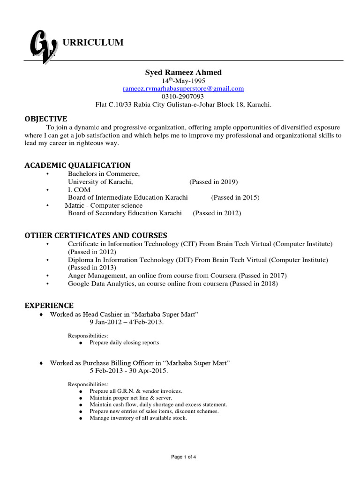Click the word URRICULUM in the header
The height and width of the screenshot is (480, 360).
(x=93, y=43)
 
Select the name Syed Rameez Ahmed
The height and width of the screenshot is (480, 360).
(x=183, y=72)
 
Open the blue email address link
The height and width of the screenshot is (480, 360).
(x=183, y=88)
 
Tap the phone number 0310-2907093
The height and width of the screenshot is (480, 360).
(x=183, y=96)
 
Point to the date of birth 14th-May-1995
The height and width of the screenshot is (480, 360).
(x=183, y=80)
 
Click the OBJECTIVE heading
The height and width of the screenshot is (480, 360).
(x=45, y=119)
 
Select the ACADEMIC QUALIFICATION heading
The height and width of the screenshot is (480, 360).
(x=77, y=165)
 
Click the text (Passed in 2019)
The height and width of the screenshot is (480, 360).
(x=213, y=182)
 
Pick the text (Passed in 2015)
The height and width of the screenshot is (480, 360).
(x=235, y=197)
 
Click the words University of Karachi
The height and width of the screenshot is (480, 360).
(x=100, y=182)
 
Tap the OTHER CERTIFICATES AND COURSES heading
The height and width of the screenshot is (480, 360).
(x=96, y=235)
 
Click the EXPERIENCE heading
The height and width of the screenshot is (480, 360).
(x=49, y=306)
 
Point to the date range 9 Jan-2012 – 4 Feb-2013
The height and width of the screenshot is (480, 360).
(x=127, y=322)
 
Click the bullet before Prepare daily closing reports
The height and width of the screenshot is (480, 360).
(x=81, y=343)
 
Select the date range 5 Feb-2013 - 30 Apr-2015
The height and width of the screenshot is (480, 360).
(x=128, y=370)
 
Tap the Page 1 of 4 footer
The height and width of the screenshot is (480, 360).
(x=183, y=457)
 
